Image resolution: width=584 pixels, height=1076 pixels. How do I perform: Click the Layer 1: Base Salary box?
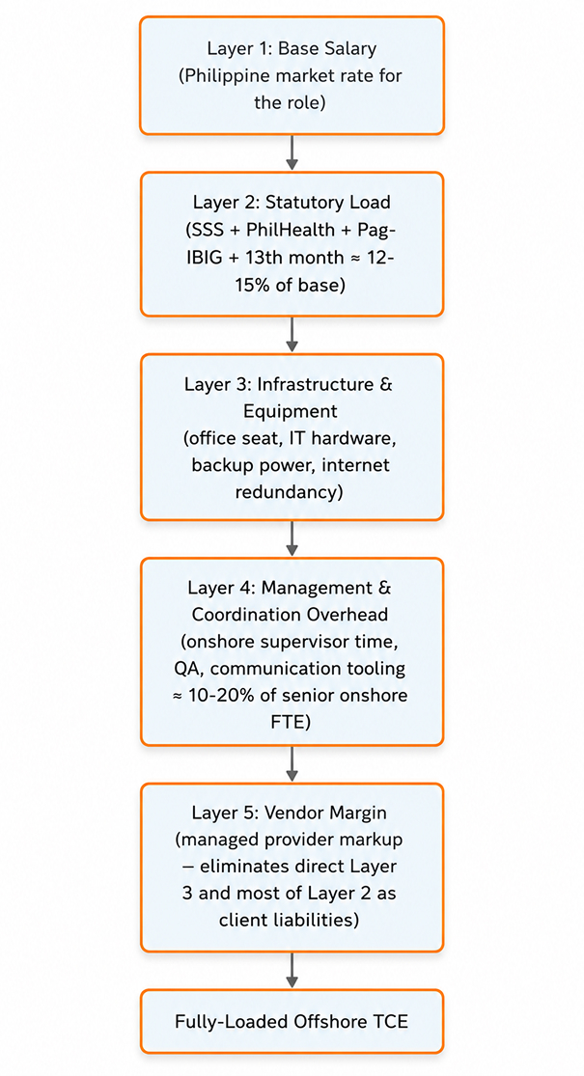pos(292,75)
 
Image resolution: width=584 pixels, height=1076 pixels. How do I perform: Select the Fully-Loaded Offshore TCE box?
pos(292,1021)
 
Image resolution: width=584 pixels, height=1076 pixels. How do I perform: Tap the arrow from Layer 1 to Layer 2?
pos(292,152)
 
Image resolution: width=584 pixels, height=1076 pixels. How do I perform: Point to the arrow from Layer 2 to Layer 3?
pos(292,335)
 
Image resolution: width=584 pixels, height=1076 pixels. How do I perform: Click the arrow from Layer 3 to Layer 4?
pos(292,538)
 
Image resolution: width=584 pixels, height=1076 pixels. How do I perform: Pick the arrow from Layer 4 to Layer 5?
pos(292,763)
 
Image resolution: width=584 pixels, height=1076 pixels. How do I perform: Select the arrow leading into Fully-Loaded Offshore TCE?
pos(292,970)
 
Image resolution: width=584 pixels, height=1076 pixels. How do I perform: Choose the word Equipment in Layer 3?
pos(291,412)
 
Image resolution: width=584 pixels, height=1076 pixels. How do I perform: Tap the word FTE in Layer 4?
pos(292,723)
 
